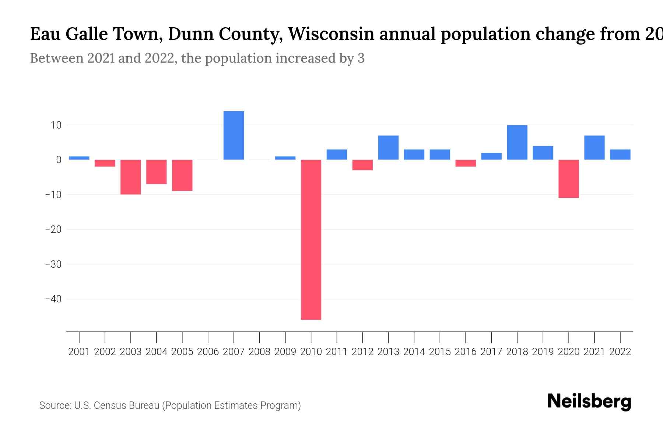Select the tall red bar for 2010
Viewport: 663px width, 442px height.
point(311,239)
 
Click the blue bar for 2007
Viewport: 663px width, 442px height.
point(234,136)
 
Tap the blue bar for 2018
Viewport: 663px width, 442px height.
point(517,143)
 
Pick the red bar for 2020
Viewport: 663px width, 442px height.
point(569,179)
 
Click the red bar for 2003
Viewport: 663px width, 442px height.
point(131,177)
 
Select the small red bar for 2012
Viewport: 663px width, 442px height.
point(362,165)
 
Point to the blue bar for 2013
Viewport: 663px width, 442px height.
point(388,148)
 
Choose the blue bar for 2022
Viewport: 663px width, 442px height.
point(620,154)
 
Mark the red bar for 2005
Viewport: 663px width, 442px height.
point(182,175)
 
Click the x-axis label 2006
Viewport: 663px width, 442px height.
point(208,352)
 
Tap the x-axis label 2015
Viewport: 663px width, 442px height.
point(440,352)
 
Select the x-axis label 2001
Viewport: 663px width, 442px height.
point(79,352)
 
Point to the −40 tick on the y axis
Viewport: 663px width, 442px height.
point(53,299)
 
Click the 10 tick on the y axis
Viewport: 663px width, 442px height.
point(56,125)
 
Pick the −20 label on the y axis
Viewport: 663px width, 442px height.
point(53,229)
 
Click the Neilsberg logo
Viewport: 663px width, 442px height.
point(589,401)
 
